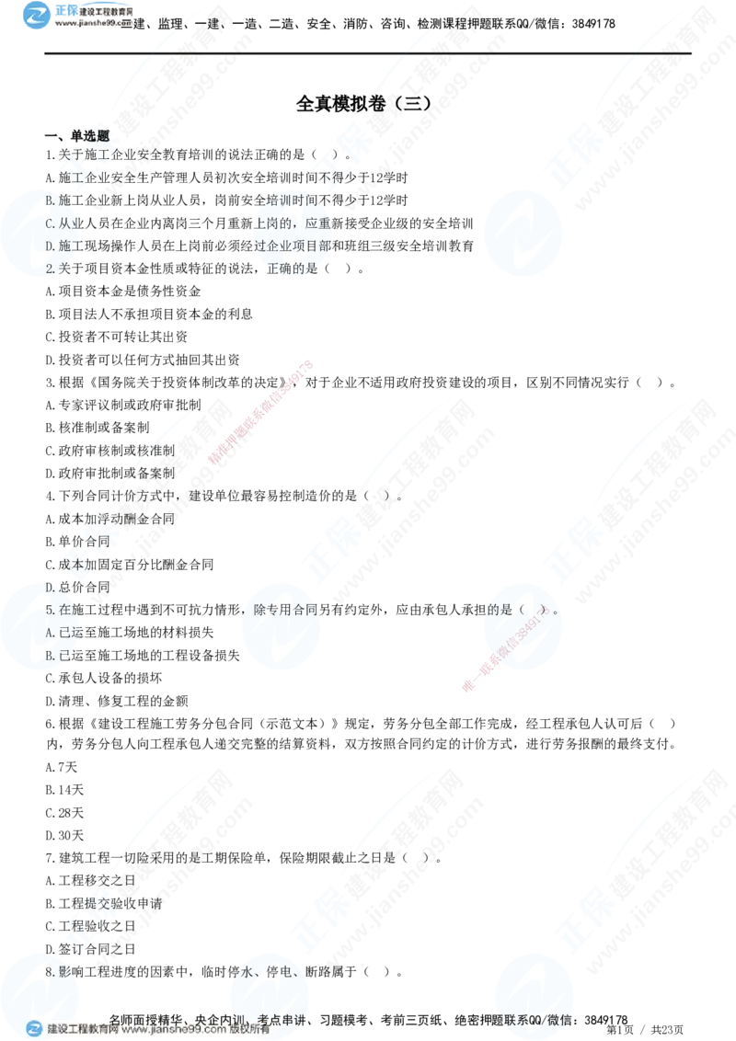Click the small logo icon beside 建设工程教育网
coord(34,1029)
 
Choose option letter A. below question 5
coord(51,632)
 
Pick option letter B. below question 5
coord(51,656)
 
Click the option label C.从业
coord(63,223)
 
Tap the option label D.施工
coord(63,246)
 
